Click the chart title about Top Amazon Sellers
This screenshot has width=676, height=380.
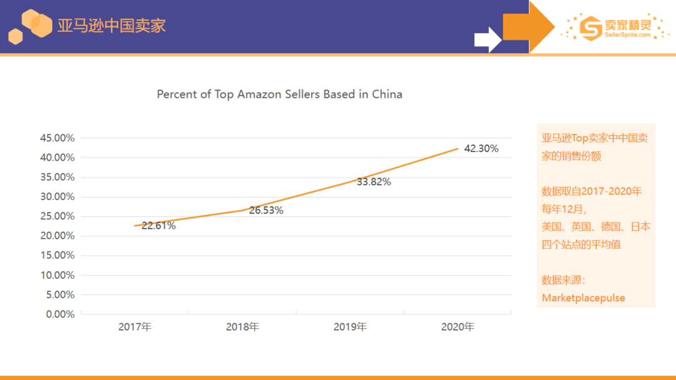coord(279,94)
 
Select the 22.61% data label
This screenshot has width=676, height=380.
coord(158,226)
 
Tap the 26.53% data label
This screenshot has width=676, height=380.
coord(266,211)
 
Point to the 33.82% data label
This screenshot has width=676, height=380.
coord(374,182)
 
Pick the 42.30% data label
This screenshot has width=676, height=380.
coord(481,149)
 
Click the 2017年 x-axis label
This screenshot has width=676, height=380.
coord(135,327)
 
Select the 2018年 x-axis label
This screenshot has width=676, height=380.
coord(242,327)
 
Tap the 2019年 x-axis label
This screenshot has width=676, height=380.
coord(350,327)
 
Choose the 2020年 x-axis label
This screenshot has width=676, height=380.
coord(458,327)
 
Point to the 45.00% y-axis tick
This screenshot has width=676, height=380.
coord(57,137)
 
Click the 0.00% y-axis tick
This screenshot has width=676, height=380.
coord(60,314)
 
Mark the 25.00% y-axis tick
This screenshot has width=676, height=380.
coord(57,216)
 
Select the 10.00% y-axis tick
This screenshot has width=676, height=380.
coord(57,275)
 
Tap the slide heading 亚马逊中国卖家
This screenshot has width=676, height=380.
coord(111,26)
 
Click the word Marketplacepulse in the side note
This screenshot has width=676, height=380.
coord(583,297)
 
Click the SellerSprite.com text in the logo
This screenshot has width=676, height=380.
coord(628,36)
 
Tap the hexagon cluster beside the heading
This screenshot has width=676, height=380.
coord(30,26)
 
